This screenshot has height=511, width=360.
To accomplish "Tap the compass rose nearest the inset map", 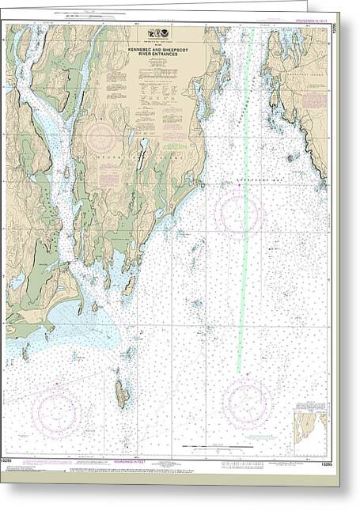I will tap(247, 404).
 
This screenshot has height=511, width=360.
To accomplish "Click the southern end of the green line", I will tap(238, 369).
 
